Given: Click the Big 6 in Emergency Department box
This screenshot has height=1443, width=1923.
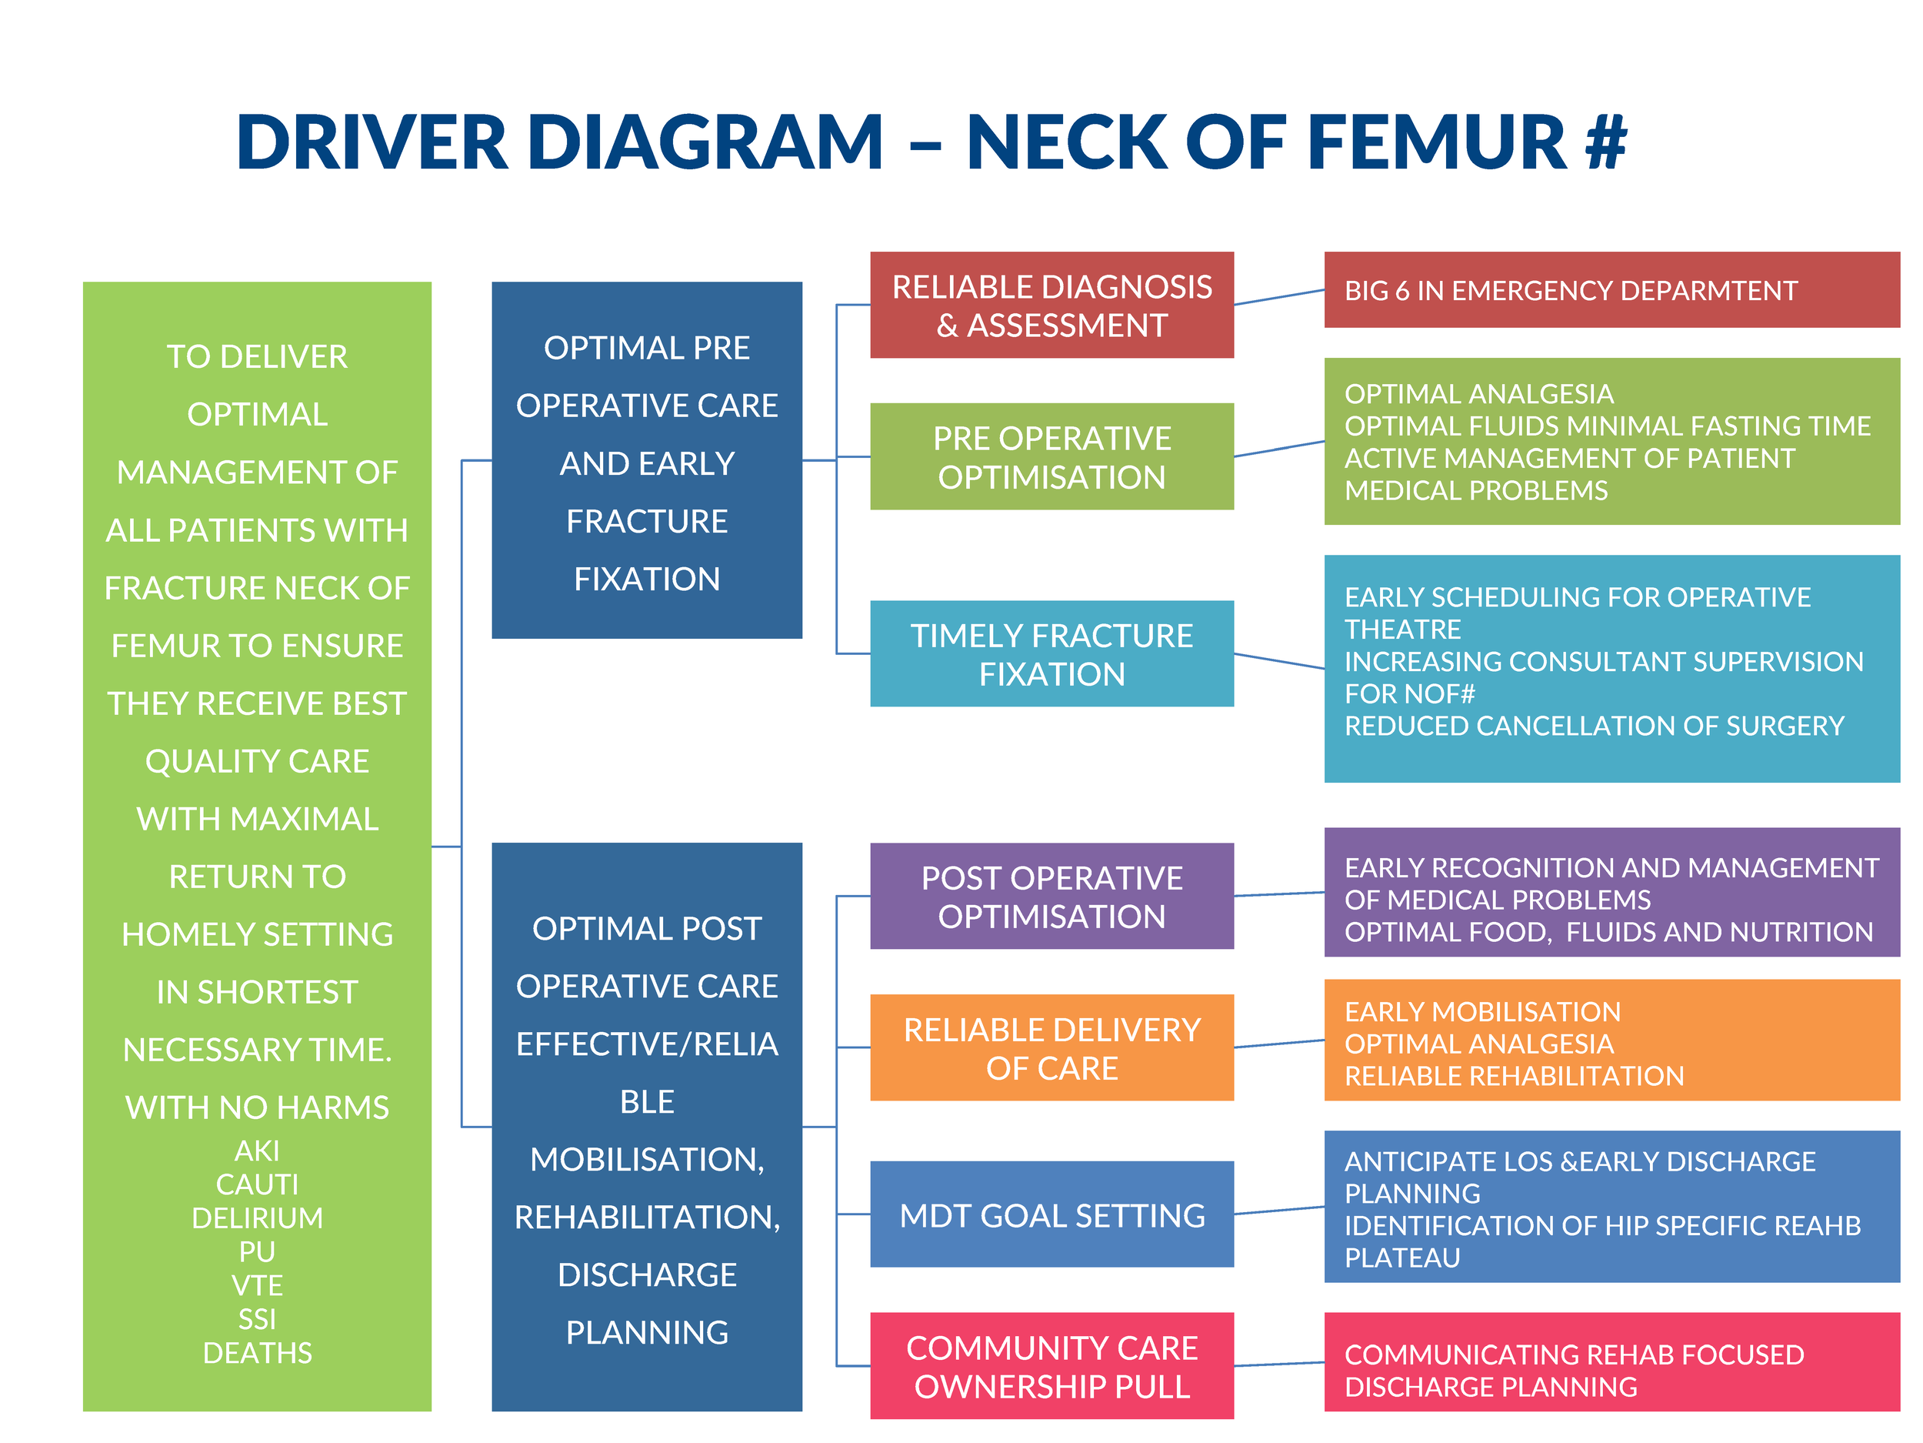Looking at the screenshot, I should click(x=1611, y=290).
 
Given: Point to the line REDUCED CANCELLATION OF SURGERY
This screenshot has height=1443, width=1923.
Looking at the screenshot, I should click(x=1594, y=726).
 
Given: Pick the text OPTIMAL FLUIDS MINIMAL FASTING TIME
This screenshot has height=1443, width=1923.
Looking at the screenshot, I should click(x=1608, y=426).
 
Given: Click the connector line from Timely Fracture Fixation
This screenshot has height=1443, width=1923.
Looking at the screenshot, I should click(x=1278, y=661).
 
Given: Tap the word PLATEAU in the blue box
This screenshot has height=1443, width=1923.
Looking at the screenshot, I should click(x=1401, y=1258).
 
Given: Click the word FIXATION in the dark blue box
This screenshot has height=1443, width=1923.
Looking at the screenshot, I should click(x=647, y=579).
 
